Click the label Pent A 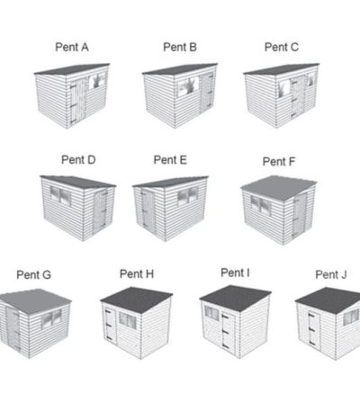[x=72, y=48]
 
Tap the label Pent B [x=180, y=47]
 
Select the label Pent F [x=279, y=162]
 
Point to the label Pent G [x=34, y=274]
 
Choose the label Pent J [x=331, y=274]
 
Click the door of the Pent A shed [x=78, y=101]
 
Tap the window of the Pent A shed [x=98, y=80]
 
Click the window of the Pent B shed [x=188, y=86]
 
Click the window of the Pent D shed [x=60, y=196]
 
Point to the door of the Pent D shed [x=100, y=211]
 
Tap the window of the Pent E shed [x=188, y=196]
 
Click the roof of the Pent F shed [x=278, y=187]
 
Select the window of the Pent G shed [x=51, y=318]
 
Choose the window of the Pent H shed [x=128, y=320]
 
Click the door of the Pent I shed [x=227, y=332]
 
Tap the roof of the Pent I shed [x=235, y=298]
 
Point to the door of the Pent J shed [x=314, y=330]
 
